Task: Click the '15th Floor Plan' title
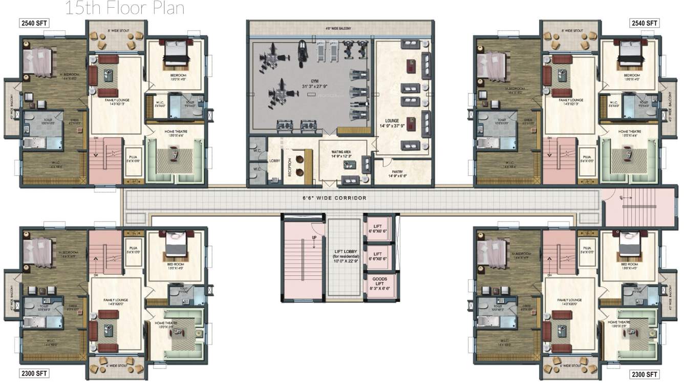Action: [x=125, y=9]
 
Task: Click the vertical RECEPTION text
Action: [x=289, y=167]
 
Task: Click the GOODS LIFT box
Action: [x=379, y=284]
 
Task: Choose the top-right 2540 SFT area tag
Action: [x=644, y=23]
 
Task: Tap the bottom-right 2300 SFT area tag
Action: [x=644, y=374]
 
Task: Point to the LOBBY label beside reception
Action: [x=274, y=160]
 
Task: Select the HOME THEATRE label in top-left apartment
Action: [x=176, y=132]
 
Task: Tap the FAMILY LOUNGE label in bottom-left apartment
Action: [x=116, y=300]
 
